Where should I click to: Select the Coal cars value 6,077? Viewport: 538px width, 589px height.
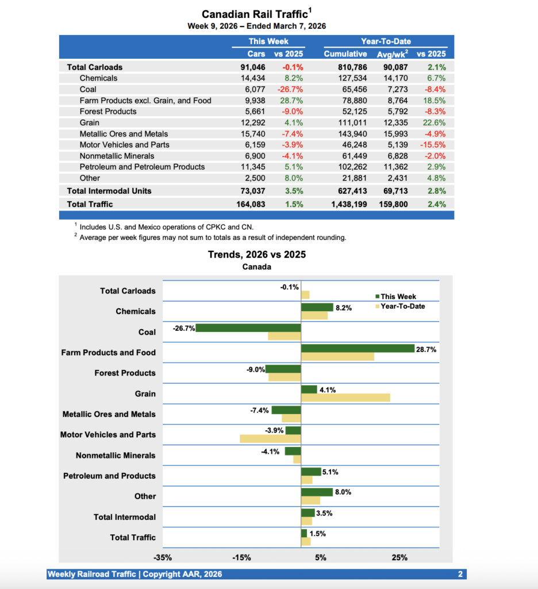(253, 89)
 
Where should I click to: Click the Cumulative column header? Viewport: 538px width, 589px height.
(345, 53)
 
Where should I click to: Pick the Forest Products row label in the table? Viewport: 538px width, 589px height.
(108, 112)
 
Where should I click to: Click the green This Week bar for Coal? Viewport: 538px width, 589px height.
(248, 328)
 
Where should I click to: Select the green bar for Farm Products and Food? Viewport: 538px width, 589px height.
(358, 349)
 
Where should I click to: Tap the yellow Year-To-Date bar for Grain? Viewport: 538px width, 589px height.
(345, 397)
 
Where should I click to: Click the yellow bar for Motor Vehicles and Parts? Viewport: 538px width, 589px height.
(270, 438)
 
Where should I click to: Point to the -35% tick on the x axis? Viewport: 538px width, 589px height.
(163, 557)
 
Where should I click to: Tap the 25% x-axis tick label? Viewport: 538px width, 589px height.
(399, 557)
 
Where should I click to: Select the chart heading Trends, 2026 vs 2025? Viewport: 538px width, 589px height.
(256, 255)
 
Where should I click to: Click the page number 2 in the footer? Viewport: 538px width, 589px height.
(460, 574)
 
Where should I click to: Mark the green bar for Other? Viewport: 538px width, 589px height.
(317, 492)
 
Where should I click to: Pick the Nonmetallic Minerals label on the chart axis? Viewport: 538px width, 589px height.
(116, 456)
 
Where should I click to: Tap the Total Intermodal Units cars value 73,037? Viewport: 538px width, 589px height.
(252, 191)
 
